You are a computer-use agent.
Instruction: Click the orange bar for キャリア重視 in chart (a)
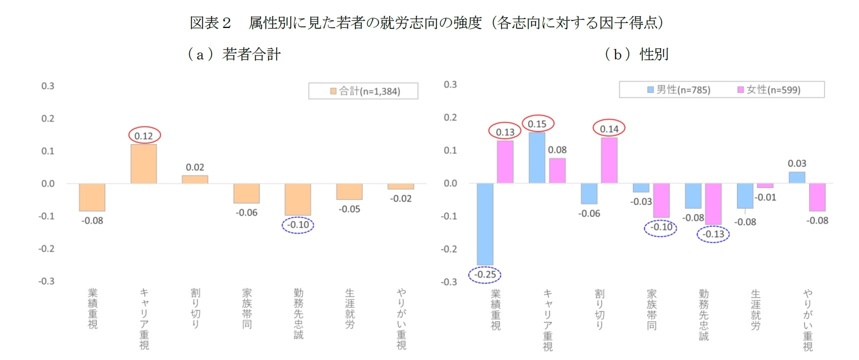click(143, 164)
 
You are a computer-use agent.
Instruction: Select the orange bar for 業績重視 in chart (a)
click(92, 197)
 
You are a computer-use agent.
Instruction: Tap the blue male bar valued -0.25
click(484, 224)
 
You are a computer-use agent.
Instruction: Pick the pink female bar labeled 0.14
click(609, 160)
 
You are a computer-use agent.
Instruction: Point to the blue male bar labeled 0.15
click(537, 158)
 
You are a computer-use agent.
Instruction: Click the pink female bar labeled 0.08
click(557, 170)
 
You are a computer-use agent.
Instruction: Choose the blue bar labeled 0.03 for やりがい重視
click(796, 177)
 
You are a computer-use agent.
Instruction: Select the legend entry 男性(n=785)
click(678, 89)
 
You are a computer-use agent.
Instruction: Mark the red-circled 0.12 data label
click(144, 135)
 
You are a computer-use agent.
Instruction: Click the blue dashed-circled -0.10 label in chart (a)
click(298, 225)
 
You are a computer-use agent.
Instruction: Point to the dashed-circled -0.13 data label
click(713, 234)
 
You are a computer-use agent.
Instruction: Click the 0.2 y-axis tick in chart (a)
click(47, 118)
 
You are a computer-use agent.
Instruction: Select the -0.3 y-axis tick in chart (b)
click(449, 282)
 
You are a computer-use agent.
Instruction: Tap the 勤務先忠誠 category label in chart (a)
click(298, 313)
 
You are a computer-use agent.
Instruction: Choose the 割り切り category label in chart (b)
click(599, 309)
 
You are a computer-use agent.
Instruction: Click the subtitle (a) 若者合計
click(234, 54)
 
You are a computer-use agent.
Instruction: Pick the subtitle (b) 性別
click(636, 54)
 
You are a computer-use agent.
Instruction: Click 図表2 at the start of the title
click(210, 23)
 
